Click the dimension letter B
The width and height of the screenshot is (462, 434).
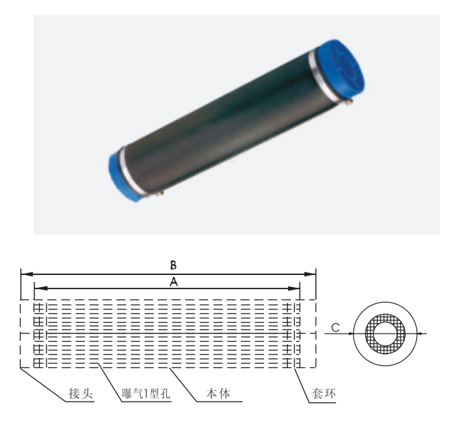pos(173,264)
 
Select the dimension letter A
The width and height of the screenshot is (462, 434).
pos(173,284)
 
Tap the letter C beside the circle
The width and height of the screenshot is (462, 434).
pos(335,328)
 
